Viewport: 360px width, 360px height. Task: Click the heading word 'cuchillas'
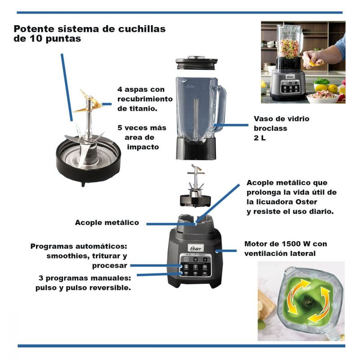(142, 29)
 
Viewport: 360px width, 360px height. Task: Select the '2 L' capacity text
(260, 138)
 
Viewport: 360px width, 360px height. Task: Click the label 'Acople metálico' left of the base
(107, 222)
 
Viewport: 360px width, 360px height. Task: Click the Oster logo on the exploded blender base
(196, 248)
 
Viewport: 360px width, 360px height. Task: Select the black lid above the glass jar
(197, 62)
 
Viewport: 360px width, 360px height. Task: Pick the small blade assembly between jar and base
(195, 186)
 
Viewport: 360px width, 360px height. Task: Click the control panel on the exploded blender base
(196, 265)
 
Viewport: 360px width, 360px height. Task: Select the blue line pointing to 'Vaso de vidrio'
(231, 125)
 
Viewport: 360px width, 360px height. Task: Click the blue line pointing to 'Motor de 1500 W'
(226, 251)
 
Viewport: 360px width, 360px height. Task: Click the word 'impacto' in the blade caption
(143, 147)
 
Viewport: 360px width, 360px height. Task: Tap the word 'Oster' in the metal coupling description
(306, 202)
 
